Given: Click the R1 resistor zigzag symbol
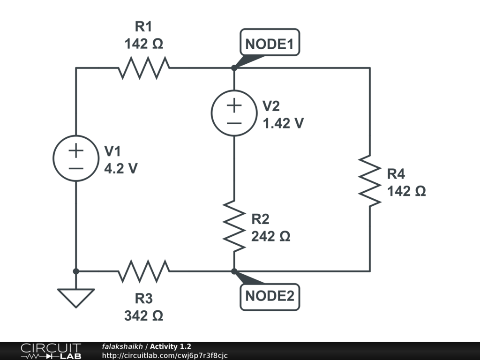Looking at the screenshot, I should pyautogui.click(x=144, y=68).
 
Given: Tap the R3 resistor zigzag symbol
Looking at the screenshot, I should pyautogui.click(x=144, y=271).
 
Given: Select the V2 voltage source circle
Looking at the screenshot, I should pyautogui.click(x=234, y=113).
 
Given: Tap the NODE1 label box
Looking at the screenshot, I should pyautogui.click(x=270, y=45).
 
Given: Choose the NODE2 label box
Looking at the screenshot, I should pyautogui.click(x=270, y=296).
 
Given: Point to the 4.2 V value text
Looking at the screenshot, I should pyautogui.click(x=120, y=169).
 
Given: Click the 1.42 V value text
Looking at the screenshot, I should pyautogui.click(x=283, y=123).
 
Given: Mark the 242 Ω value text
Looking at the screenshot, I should pyautogui.click(x=270, y=236).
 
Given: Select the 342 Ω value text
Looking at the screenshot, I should pyautogui.click(x=143, y=316).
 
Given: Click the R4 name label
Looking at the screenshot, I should pyautogui.click(x=396, y=174).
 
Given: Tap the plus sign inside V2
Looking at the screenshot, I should pyautogui.click(x=234, y=105).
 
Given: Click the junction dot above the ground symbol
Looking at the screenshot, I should pyautogui.click(x=76, y=271).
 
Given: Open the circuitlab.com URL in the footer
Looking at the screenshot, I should pyautogui.click(x=165, y=355).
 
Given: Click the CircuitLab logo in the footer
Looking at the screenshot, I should pyautogui.click(x=50, y=351).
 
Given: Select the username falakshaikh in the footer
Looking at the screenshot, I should pyautogui.click(x=122, y=346).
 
